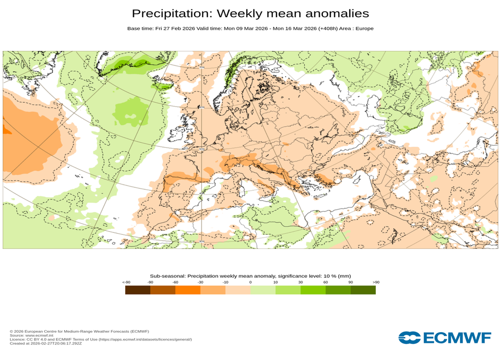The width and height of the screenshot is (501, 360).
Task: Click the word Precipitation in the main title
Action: pos(171,13)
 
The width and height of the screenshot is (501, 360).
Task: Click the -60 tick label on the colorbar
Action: pos(175,282)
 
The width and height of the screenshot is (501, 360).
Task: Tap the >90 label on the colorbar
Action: pos(376,282)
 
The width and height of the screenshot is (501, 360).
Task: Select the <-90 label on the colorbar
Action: pos(126,282)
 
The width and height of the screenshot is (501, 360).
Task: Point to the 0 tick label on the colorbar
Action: pos(250,282)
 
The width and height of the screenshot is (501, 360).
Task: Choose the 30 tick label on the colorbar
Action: pos(300,282)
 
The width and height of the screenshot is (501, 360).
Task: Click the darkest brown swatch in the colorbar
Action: pos(137,290)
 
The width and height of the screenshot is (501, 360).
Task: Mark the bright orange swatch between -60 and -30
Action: pos(187,290)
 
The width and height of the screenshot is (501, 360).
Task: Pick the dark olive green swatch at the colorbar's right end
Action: pos(363,290)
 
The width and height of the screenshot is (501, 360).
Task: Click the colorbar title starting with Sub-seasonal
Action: pos(250,276)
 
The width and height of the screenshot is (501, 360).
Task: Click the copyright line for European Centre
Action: pos(79,331)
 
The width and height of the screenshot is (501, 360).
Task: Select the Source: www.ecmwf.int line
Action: pos(31,336)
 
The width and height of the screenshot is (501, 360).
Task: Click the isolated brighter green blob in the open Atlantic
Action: pos(131,110)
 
